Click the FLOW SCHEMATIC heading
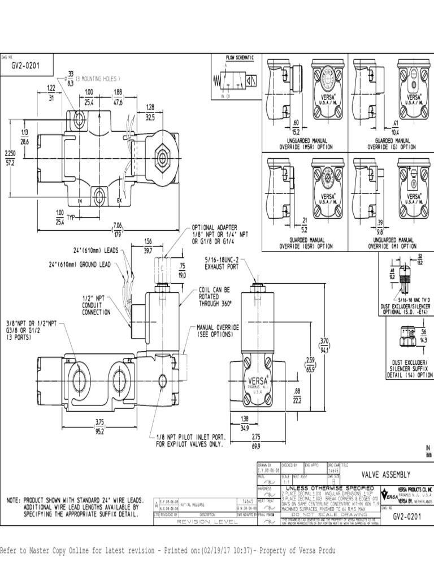pyautogui.click(x=240, y=58)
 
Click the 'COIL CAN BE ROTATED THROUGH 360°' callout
pyautogui.click(x=215, y=296)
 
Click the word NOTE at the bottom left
pyautogui.click(x=14, y=500)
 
